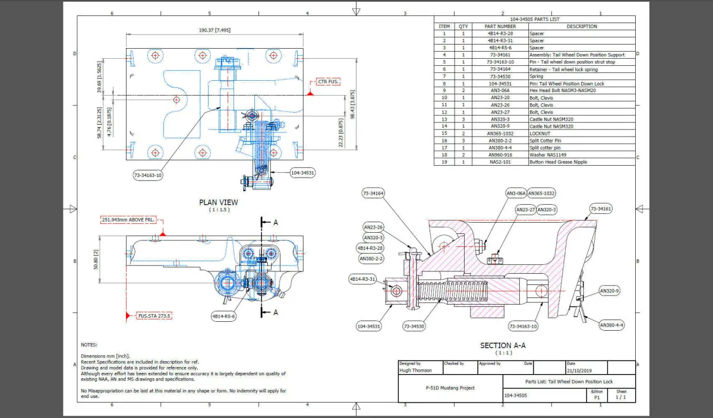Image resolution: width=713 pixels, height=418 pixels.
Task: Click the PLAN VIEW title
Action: [219, 202]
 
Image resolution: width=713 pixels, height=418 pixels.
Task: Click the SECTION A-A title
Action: [503, 346]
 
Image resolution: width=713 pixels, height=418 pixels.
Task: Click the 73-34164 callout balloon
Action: [374, 194]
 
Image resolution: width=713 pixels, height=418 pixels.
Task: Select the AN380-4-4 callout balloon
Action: [611, 325]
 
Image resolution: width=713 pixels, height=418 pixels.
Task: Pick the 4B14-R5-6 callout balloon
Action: [223, 316]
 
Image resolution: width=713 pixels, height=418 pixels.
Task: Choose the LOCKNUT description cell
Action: [541, 134]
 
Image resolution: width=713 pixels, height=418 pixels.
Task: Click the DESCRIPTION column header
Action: [581, 26]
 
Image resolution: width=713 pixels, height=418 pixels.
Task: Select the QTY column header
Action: [463, 26]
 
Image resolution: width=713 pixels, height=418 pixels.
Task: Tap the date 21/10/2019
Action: [580, 370]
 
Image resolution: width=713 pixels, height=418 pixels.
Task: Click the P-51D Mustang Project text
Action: [449, 388]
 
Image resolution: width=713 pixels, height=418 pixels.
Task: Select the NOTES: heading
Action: [89, 344]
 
